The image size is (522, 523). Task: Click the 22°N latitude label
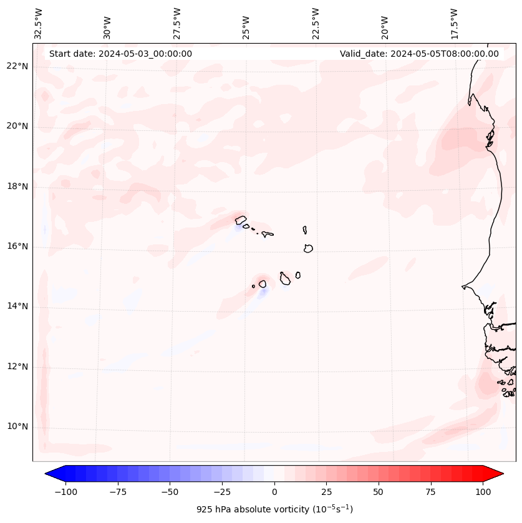(17, 67)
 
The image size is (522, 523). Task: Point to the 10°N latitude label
(17, 426)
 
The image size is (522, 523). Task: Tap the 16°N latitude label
(17, 246)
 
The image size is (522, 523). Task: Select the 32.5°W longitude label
(39, 24)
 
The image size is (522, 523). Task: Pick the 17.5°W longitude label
(454, 24)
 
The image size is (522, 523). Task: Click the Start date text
(120, 54)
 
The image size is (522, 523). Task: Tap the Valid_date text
(419, 54)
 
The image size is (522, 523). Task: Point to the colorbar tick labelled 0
(274, 492)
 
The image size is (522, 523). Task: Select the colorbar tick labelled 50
(379, 492)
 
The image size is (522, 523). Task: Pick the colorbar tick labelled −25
(222, 492)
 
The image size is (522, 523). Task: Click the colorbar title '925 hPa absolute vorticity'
(274, 509)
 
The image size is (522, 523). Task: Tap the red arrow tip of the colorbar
(496, 474)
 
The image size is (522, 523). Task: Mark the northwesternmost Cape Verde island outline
(241, 219)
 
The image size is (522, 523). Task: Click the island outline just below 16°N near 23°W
(308, 248)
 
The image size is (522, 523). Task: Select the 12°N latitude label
(17, 367)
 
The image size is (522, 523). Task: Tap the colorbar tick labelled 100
(483, 492)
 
